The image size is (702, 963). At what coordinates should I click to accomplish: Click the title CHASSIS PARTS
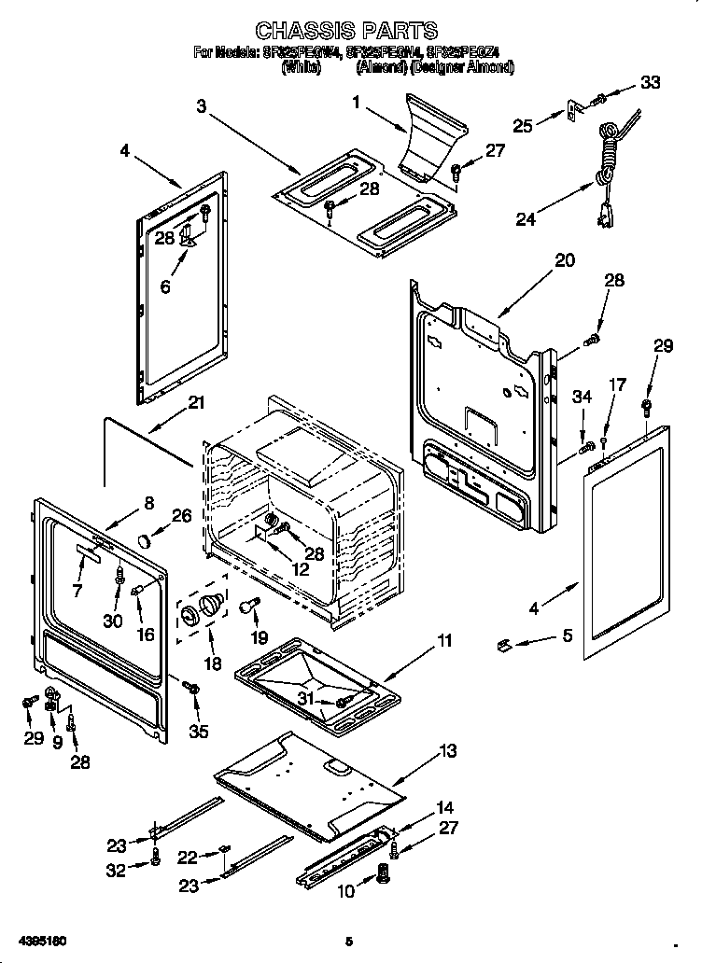pos(346,32)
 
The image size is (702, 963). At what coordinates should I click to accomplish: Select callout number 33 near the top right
pos(650,82)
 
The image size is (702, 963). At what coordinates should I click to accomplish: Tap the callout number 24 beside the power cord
pos(526,220)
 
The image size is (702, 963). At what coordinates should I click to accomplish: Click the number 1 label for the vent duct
pos(356,103)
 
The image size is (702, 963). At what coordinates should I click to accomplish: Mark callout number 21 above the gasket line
pos(195,403)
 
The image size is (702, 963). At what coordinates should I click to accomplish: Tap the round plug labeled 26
pos(144,540)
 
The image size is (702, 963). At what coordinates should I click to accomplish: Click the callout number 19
pos(259,637)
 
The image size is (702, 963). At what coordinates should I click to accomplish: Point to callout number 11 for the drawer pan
pos(444,641)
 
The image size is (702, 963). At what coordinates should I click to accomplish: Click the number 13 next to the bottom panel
pos(447,751)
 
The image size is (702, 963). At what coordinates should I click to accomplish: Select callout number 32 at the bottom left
pos(117,871)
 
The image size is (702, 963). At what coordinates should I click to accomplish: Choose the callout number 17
pos(617,384)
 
